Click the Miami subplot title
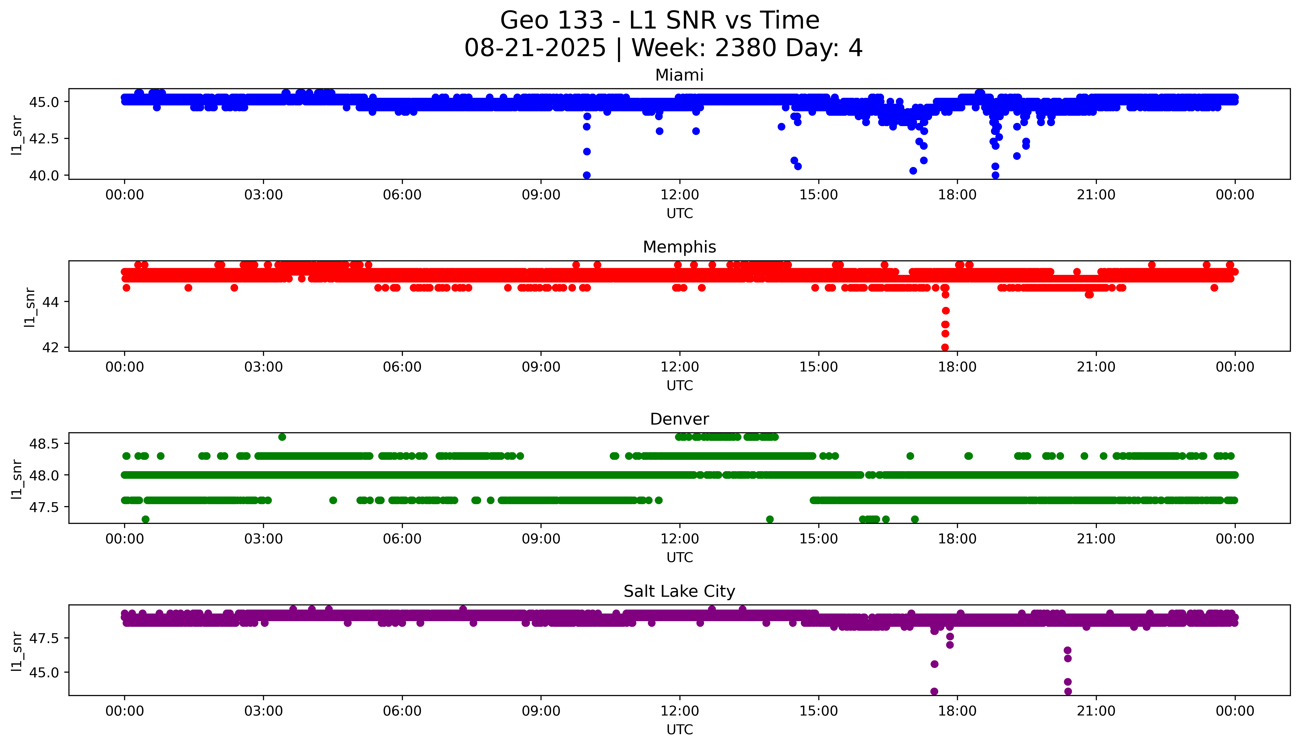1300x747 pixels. tap(679, 75)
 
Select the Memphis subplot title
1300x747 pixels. tap(679, 247)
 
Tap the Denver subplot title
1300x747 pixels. tap(679, 419)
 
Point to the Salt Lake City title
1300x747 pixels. tap(679, 592)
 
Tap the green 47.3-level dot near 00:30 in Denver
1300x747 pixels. tap(146, 519)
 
